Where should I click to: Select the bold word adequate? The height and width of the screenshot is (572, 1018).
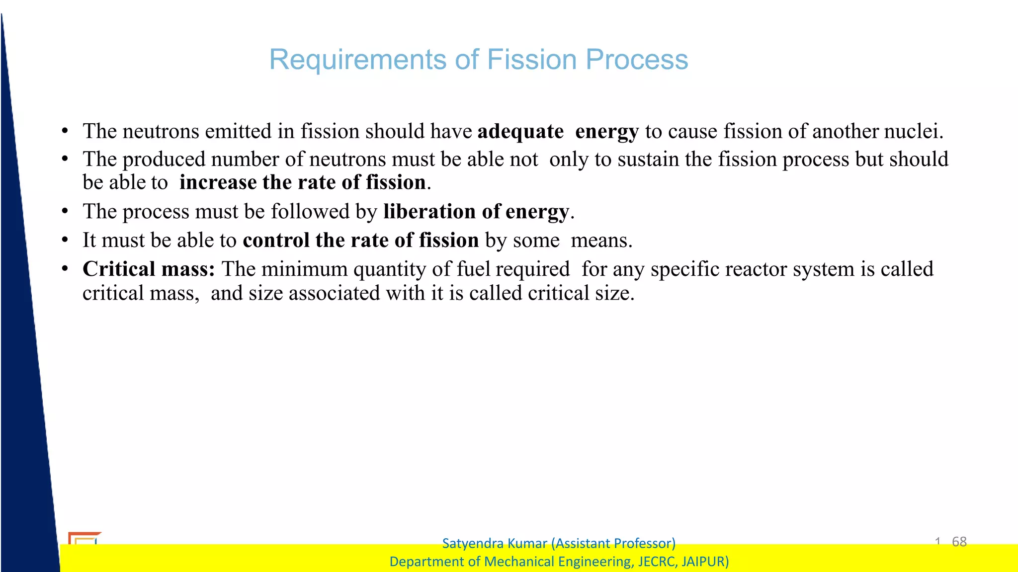point(520,132)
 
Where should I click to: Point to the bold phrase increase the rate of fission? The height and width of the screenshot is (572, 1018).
point(303,182)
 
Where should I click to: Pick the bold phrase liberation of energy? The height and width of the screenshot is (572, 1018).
point(476,212)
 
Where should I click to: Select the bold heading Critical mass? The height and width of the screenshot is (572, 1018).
point(149,269)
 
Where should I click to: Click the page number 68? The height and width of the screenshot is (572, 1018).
point(959,541)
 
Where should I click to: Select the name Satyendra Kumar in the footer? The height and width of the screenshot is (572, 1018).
point(494,543)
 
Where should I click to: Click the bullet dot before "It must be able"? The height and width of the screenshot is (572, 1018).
point(65,241)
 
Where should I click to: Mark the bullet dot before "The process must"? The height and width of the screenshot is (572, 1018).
point(65,212)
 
